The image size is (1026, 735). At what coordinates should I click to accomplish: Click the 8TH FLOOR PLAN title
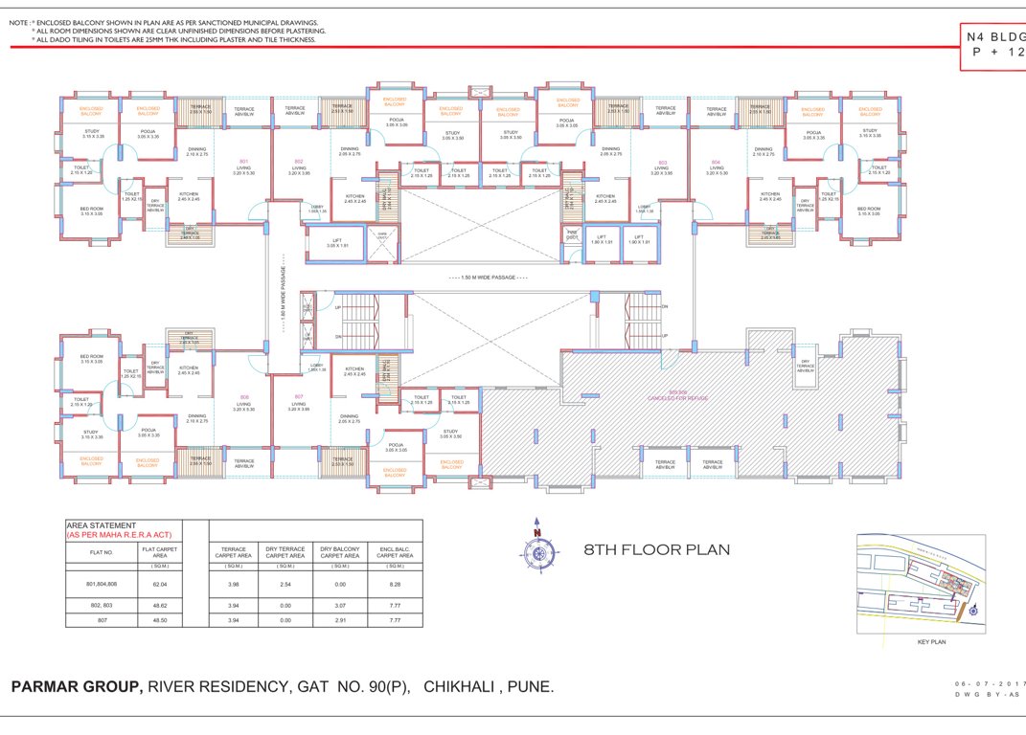(656, 549)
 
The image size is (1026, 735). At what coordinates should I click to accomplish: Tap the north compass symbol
(537, 548)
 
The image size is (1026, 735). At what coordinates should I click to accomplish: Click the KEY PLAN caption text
(930, 642)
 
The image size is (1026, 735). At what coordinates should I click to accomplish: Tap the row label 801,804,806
(102, 583)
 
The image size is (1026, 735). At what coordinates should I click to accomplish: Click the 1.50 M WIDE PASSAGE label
(494, 278)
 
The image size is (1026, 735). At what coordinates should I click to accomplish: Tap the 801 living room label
(245, 166)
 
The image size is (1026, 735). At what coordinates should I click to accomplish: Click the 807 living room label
(299, 402)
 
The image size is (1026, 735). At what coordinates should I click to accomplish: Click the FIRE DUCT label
(571, 234)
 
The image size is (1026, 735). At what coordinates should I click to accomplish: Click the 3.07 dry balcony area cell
(340, 605)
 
